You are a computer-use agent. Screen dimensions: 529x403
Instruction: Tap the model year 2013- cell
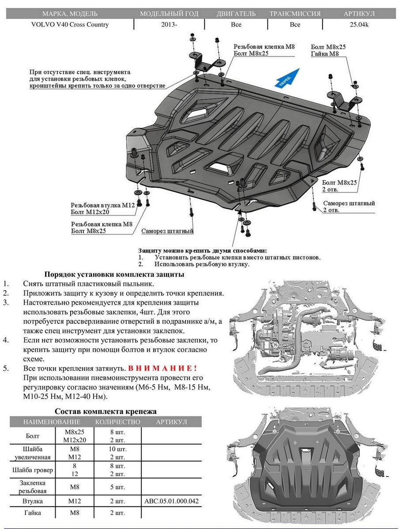[x=169, y=25]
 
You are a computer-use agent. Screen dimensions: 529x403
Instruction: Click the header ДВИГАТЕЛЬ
[x=236, y=14]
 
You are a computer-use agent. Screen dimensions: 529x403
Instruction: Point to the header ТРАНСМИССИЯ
[x=295, y=14]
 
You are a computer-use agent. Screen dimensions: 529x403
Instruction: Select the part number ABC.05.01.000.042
[x=172, y=502]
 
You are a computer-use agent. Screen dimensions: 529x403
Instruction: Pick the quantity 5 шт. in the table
[x=117, y=488]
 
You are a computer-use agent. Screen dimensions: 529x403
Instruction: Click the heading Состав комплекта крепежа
[x=105, y=411]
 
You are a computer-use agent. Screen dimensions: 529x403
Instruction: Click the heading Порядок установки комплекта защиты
[x=114, y=274]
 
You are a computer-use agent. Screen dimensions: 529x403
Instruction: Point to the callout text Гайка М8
[x=325, y=54]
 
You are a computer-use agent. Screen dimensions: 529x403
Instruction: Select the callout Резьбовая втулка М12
[x=102, y=205]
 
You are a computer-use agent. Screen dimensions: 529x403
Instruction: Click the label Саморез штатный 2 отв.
[x=349, y=207]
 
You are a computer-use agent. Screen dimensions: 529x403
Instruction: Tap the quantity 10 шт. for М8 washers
[x=117, y=449]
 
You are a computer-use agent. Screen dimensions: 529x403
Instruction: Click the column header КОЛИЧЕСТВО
[x=117, y=422]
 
